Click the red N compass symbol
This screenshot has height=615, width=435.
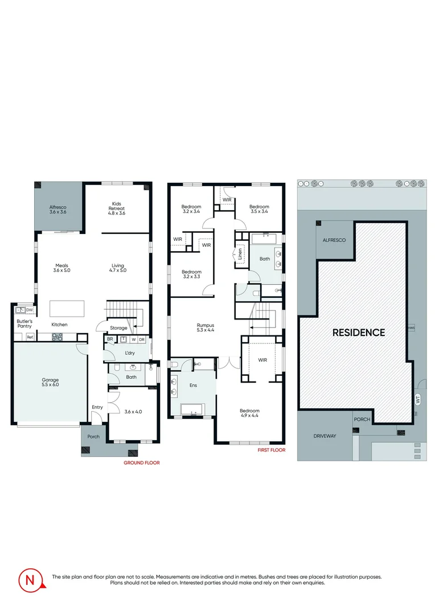click(x=31, y=580)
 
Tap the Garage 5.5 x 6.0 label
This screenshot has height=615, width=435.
click(x=50, y=382)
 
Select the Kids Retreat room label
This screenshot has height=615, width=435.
click(x=117, y=208)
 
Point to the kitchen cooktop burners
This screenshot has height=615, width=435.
click(x=58, y=337)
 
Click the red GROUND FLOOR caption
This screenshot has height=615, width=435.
click(x=142, y=463)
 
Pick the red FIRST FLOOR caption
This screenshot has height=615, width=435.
click(x=272, y=450)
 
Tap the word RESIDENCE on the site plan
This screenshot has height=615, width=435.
click(x=359, y=333)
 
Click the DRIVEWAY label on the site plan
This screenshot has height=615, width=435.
click(x=325, y=436)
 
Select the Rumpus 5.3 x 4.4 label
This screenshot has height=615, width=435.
click(x=206, y=327)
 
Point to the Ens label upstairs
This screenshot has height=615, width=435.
click(x=193, y=385)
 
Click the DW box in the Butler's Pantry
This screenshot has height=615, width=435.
click(x=30, y=310)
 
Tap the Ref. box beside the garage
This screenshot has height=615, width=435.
click(x=30, y=337)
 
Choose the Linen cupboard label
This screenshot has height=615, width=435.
click(x=240, y=254)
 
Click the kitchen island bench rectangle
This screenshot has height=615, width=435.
click(x=67, y=308)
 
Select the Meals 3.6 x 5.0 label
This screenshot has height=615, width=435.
click(x=61, y=268)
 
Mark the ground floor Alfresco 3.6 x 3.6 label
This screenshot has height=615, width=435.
click(x=58, y=210)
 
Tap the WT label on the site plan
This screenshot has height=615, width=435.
click(x=418, y=400)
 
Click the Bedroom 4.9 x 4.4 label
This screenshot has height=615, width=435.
click(x=249, y=413)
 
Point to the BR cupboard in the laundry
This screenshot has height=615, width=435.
click(x=110, y=339)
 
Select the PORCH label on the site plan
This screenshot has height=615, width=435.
click(x=362, y=419)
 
